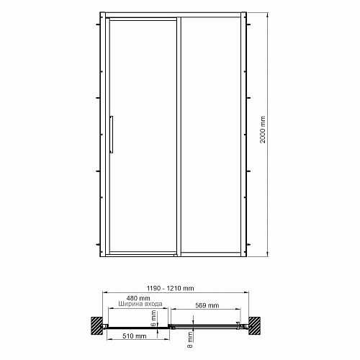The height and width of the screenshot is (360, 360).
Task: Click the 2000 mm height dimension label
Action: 263,130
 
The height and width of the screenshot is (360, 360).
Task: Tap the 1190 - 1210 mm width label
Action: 171,288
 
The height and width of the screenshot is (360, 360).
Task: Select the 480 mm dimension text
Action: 138,298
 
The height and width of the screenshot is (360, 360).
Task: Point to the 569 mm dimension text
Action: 207,305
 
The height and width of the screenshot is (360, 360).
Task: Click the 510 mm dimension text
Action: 135,336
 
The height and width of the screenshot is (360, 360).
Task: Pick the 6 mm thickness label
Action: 153,318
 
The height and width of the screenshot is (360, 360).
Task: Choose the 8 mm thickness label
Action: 190,340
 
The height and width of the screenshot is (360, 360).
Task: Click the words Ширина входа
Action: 140,304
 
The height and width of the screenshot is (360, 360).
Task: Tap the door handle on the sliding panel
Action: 112,135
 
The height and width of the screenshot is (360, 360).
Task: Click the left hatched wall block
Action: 96,325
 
